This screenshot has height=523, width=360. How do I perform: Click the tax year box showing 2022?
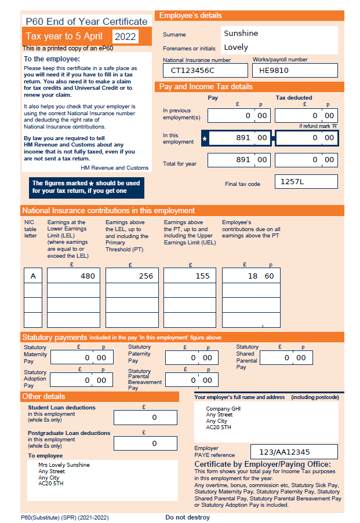click(125, 37)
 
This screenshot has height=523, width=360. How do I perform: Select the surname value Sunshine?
click(241, 33)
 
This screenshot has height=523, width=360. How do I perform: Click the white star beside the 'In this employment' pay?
click(205, 138)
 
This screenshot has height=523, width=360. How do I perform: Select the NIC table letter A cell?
click(33, 276)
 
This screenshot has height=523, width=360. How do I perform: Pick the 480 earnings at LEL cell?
click(73, 276)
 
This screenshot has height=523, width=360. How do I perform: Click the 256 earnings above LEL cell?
click(132, 276)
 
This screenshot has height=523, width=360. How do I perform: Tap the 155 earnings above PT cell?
click(190, 276)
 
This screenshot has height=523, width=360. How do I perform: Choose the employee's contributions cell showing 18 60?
click(251, 276)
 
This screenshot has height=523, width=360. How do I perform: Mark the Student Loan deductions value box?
click(145, 417)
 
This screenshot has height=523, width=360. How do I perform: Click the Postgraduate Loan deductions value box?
click(145, 443)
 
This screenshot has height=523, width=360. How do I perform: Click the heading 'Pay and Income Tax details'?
click(206, 87)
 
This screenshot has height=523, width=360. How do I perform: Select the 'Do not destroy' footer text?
click(187, 517)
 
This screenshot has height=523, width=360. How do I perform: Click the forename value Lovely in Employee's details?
click(235, 47)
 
